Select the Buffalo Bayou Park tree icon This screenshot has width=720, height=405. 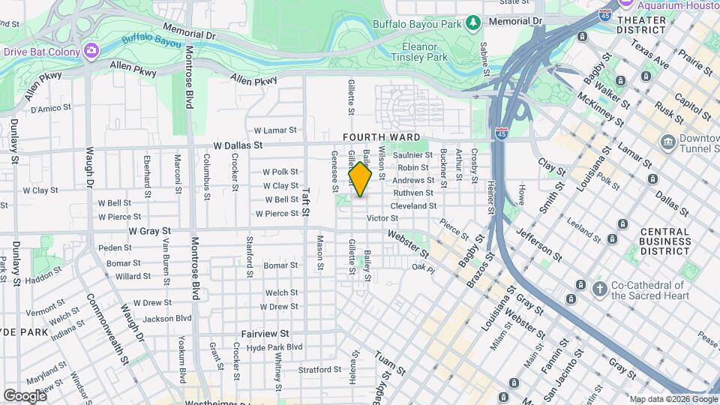tap(472, 23)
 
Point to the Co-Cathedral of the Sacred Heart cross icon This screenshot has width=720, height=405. tap(599, 289)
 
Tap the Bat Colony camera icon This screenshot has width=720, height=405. tap(91, 50)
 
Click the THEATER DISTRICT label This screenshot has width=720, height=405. tap(641, 25)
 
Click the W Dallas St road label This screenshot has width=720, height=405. tap(238, 145)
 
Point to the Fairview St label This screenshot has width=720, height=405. tap(265, 333)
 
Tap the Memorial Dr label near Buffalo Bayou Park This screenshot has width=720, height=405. tap(514, 22)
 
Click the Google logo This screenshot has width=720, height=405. tap(25, 395)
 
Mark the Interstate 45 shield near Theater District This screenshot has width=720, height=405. tap(606, 14)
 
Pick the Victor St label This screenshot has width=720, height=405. tap(382, 218)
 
